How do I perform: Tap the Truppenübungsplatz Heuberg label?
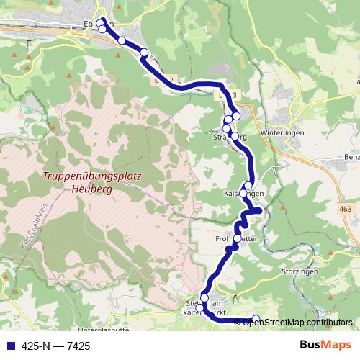pos(91,182)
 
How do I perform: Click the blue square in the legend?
pos(9,346)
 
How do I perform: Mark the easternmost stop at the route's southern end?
pos(256,319)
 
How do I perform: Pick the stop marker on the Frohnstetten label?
pos(238,238)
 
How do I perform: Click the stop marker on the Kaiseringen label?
pos(243,194)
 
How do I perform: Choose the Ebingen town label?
pos(99,24)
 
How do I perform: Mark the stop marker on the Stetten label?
pos(204,298)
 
